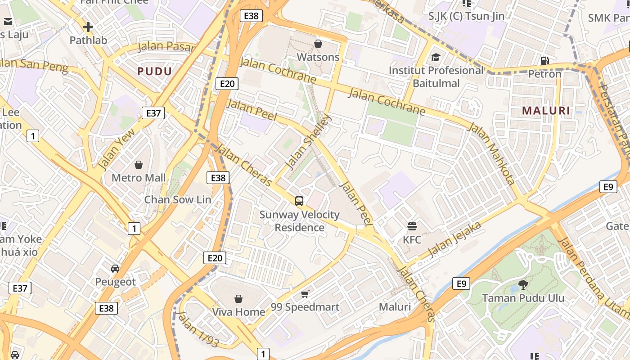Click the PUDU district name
pos(154,71)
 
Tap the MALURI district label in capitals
pos(546,110)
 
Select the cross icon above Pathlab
pos(88,27)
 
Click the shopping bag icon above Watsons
pos(318,44)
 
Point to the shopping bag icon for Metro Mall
pos(139,165)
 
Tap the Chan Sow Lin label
pos(177,199)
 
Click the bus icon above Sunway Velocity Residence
pos(299,201)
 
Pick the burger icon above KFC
pos(412,226)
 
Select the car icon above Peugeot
pos(115,269)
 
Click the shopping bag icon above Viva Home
pos(238,299)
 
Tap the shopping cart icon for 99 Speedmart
pos(305,294)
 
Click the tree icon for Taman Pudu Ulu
pos(523,284)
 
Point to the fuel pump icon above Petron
pos(544,60)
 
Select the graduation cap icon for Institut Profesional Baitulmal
pos(436,57)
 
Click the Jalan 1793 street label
pos(198,329)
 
